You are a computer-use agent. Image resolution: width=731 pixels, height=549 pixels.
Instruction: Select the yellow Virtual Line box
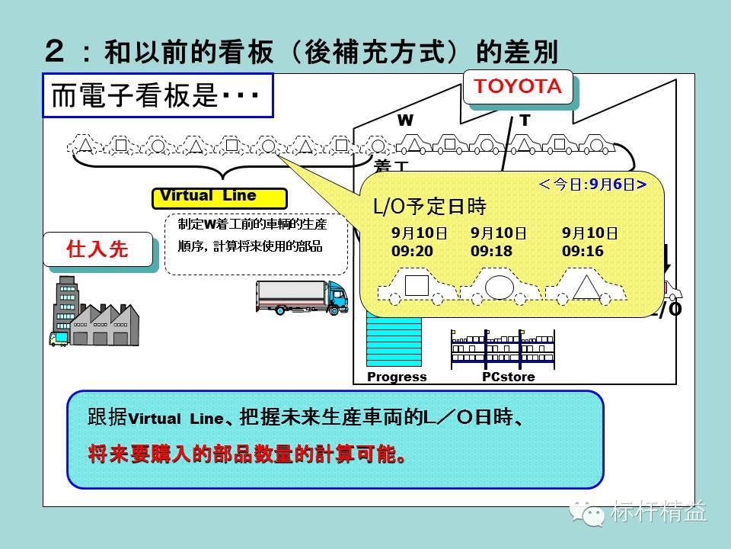click(x=219, y=197)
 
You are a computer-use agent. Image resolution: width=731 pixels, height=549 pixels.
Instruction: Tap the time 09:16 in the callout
click(x=583, y=250)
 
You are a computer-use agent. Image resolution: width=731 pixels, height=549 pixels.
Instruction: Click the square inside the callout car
click(x=417, y=285)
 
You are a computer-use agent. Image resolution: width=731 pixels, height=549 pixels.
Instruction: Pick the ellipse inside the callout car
click(x=500, y=286)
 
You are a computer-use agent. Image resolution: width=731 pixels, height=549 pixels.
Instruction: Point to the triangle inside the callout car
click(x=584, y=287)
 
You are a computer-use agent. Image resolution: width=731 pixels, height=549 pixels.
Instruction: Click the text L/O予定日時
click(x=429, y=207)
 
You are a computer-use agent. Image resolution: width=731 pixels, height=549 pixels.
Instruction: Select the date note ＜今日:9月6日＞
click(x=592, y=184)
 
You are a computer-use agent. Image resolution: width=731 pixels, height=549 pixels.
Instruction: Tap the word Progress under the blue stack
click(x=397, y=377)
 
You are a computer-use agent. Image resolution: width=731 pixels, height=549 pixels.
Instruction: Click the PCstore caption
click(x=508, y=377)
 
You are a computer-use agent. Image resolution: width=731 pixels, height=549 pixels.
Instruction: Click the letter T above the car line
click(x=525, y=120)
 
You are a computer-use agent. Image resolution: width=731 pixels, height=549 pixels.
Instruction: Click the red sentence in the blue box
click(x=246, y=455)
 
